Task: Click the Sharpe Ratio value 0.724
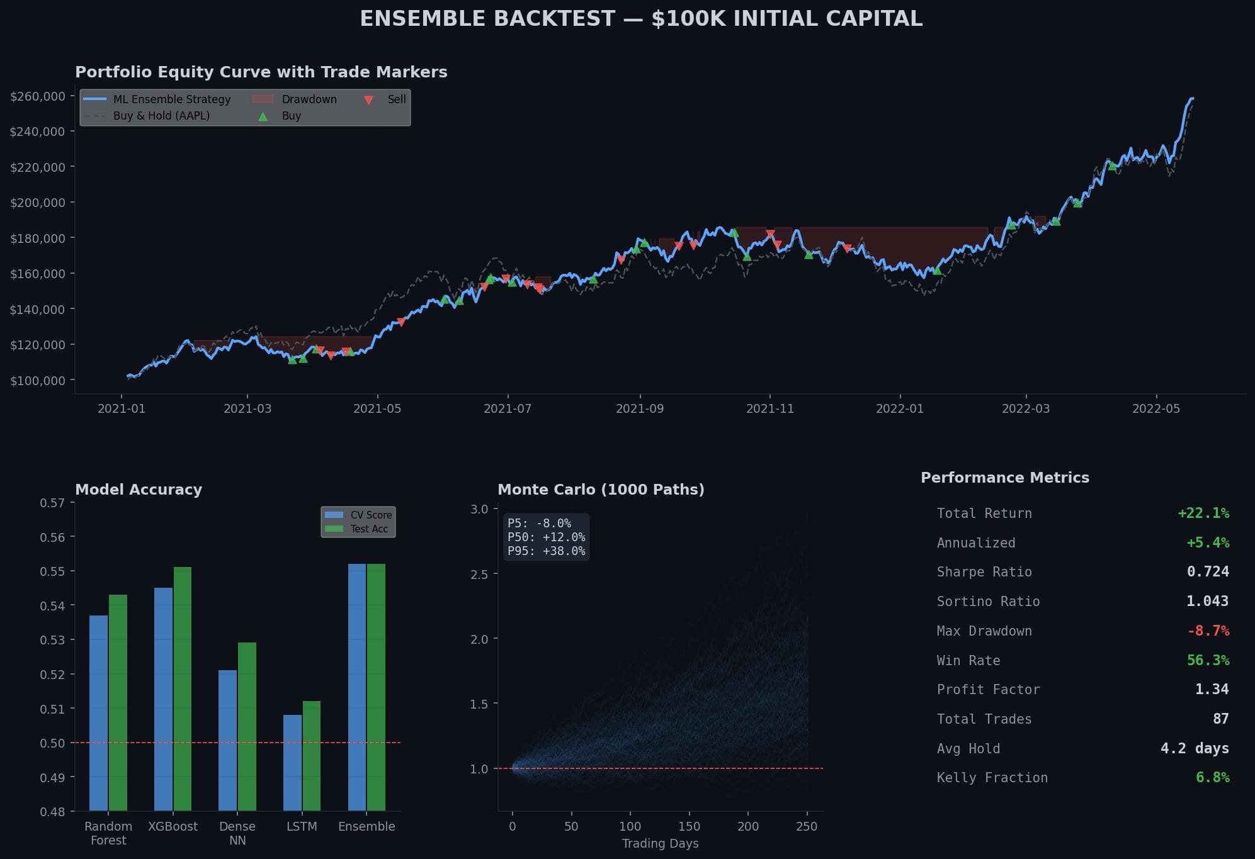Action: [x=1207, y=571]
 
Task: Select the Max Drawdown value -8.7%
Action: [x=1207, y=631]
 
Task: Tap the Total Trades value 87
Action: [x=1220, y=719]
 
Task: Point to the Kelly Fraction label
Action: [x=992, y=777]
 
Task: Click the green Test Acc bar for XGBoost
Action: [x=182, y=689]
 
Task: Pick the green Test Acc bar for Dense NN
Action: [x=247, y=727]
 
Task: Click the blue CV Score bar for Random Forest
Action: [x=98, y=713]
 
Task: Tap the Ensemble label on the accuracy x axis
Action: [x=366, y=826]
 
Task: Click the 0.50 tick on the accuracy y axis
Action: [x=52, y=743]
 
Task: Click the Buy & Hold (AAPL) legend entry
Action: [x=161, y=116]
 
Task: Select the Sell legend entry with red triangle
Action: [x=396, y=99]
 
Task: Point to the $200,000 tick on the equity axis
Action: [x=38, y=203]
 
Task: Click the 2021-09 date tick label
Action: [x=639, y=408]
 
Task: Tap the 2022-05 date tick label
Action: [x=1156, y=408]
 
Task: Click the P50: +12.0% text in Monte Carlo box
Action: [x=546, y=537]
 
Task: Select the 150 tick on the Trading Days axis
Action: [x=689, y=826]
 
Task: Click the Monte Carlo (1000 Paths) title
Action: [x=601, y=490]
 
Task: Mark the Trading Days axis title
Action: [x=660, y=843]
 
